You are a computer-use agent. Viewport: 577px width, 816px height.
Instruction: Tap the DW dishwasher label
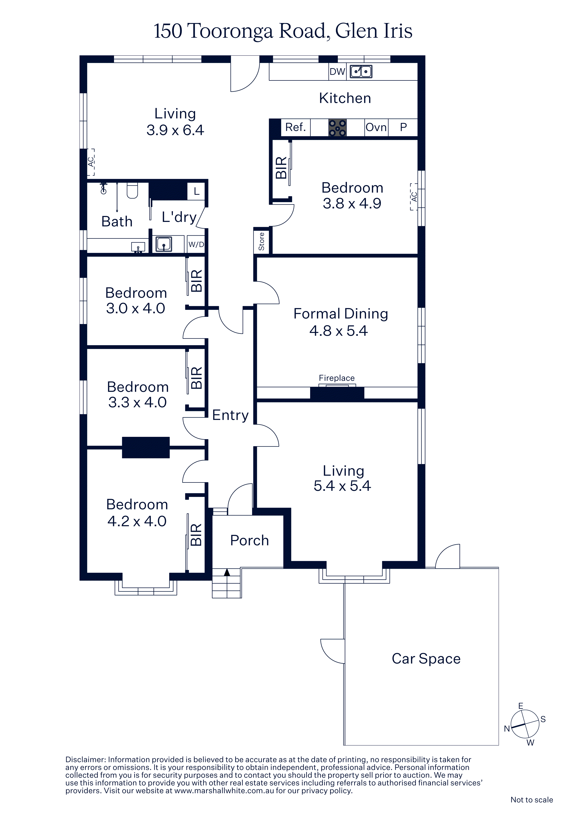click(x=337, y=72)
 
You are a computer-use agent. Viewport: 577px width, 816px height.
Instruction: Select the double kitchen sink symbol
click(x=361, y=71)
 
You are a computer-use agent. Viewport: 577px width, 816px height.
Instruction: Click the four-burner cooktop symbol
click(x=337, y=128)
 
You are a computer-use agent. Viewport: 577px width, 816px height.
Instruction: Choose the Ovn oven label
click(x=376, y=127)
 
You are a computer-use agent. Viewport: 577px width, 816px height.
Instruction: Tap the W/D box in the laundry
click(x=196, y=244)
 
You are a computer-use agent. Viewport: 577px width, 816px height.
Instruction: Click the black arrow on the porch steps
click(x=227, y=572)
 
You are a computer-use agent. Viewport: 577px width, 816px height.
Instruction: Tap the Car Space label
click(x=426, y=659)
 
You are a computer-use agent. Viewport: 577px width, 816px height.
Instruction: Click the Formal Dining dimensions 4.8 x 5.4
click(x=339, y=331)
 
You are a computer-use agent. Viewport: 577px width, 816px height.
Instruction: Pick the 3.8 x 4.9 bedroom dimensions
click(x=352, y=203)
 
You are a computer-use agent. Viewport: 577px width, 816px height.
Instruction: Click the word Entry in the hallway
click(x=230, y=415)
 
